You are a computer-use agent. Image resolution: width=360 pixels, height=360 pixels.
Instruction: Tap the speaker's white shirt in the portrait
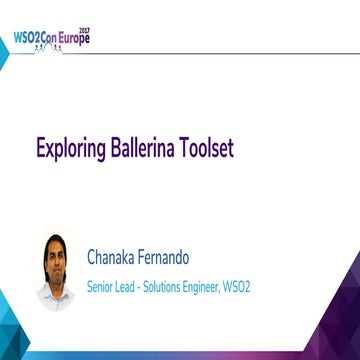55,288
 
